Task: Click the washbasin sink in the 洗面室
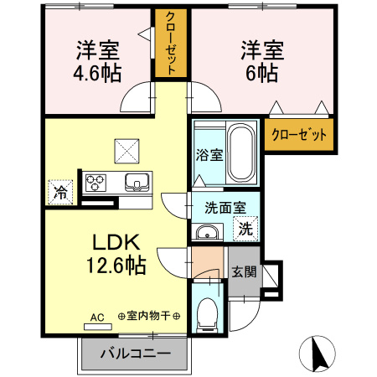point(206,232)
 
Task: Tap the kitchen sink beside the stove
point(134,182)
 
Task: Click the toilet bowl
point(205,315)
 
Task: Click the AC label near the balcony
point(97,317)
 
